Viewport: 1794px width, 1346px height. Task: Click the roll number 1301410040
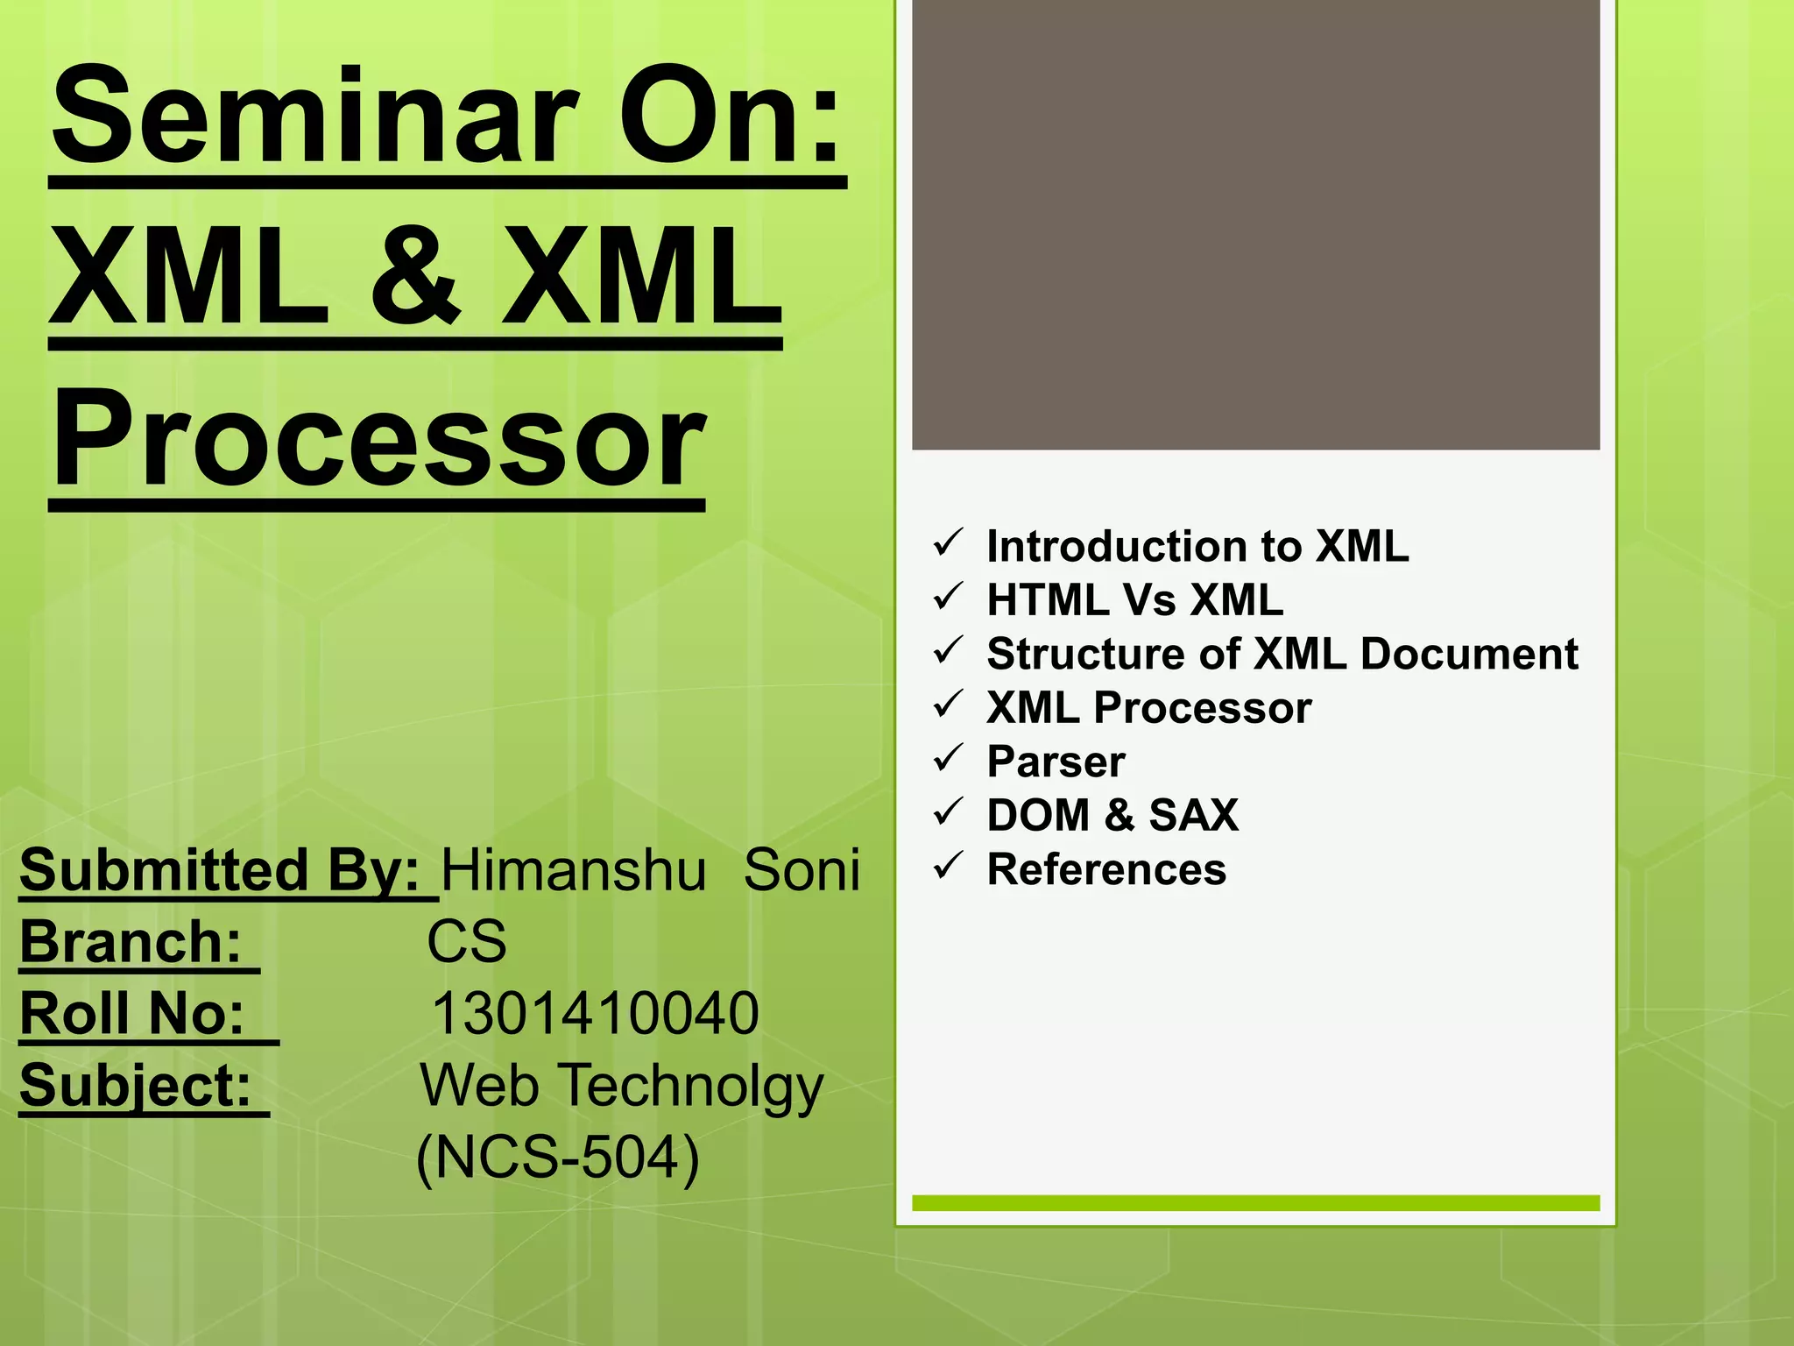pyautogui.click(x=595, y=1014)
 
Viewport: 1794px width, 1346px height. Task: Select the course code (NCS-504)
pyautogui.click(x=558, y=1158)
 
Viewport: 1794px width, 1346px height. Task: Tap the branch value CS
pyautogui.click(x=466, y=942)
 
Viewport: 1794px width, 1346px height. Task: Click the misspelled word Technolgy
pyautogui.click(x=692, y=1086)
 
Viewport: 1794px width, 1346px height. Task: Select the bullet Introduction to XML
pyautogui.click(x=1197, y=546)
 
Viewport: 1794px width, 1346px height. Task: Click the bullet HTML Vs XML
pyautogui.click(x=1134, y=600)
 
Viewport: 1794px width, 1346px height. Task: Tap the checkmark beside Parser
pyautogui.click(x=948, y=759)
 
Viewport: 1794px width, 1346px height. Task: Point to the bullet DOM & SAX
pyautogui.click(x=1112, y=815)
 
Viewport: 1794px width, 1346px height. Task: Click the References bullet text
pyautogui.click(x=1106, y=869)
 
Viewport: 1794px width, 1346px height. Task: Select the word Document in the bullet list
pyautogui.click(x=1469, y=654)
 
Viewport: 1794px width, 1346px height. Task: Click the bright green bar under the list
pyautogui.click(x=1255, y=1203)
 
